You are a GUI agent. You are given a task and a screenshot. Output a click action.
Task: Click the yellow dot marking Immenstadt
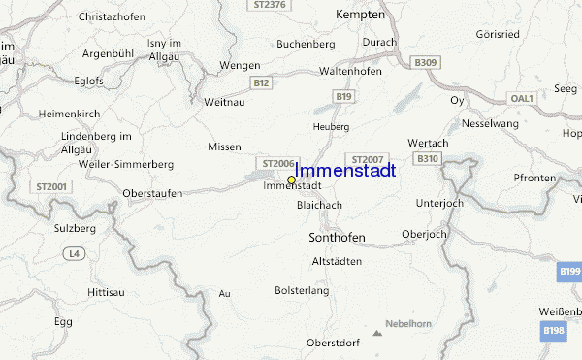click(291, 180)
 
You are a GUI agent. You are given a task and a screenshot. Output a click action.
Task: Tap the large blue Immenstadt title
click(344, 171)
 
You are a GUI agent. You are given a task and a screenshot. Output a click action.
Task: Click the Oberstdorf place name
click(333, 343)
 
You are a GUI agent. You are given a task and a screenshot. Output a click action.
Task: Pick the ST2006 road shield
click(276, 163)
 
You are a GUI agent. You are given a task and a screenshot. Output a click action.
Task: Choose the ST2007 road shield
click(369, 158)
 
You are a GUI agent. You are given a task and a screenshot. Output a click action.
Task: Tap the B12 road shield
click(260, 83)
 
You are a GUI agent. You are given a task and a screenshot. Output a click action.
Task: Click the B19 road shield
click(343, 97)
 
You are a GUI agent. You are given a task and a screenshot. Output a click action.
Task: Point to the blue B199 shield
click(569, 275)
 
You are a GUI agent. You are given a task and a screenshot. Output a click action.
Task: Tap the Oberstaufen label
click(154, 193)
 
